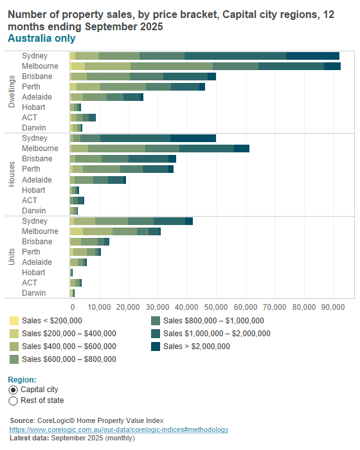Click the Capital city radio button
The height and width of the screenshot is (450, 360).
tap(14, 390)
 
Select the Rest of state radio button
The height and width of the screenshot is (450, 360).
tap(14, 401)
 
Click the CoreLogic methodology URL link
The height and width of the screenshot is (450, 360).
tap(118, 429)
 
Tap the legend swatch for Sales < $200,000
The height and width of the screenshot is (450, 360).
tap(14, 320)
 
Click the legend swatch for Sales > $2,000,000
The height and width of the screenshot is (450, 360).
tap(156, 346)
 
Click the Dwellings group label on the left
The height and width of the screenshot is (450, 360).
tap(12, 91)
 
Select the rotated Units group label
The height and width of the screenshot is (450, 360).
tap(12, 256)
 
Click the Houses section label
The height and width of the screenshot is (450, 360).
tap(12, 174)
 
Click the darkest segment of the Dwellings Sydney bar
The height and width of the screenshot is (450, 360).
tap(312, 56)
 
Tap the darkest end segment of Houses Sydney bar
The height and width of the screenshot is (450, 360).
tap(193, 138)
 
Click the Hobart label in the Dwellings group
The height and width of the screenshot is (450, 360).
tap(33, 107)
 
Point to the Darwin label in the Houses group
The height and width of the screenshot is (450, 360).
tap(34, 210)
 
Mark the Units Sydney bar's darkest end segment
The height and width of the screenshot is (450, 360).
tap(189, 221)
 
